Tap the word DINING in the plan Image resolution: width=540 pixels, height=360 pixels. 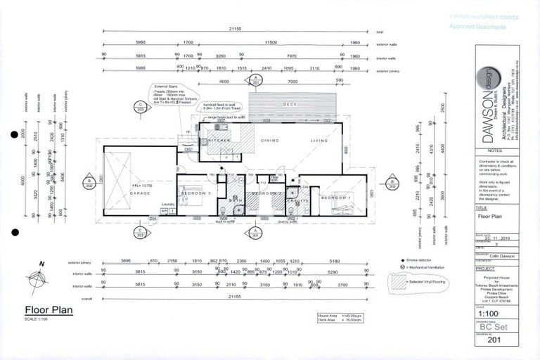coord(270,141)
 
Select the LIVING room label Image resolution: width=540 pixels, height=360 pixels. coord(321,141)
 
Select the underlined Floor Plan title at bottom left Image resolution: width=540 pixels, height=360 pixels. coord(48,309)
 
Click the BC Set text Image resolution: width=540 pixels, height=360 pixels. coord(492,328)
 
